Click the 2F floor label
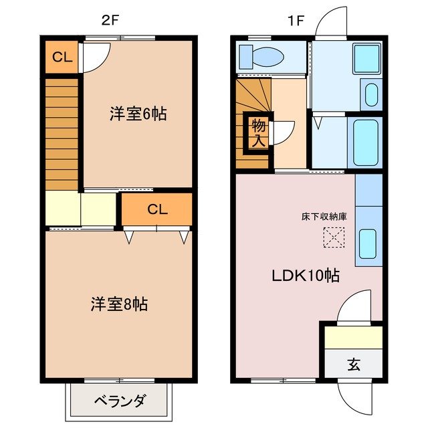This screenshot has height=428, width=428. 111,20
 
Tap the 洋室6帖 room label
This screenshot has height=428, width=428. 138,114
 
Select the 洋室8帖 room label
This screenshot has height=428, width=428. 119,304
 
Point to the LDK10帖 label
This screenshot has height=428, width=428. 304,276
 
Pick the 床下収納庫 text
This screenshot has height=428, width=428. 324,217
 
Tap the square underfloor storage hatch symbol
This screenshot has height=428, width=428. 332,237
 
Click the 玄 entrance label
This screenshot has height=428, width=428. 353,365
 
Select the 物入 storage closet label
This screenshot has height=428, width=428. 257,132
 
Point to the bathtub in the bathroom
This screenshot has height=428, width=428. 366,142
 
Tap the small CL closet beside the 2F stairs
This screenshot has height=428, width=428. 62,58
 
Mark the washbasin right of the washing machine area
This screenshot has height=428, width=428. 370,94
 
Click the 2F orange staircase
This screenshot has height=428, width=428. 62,134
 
